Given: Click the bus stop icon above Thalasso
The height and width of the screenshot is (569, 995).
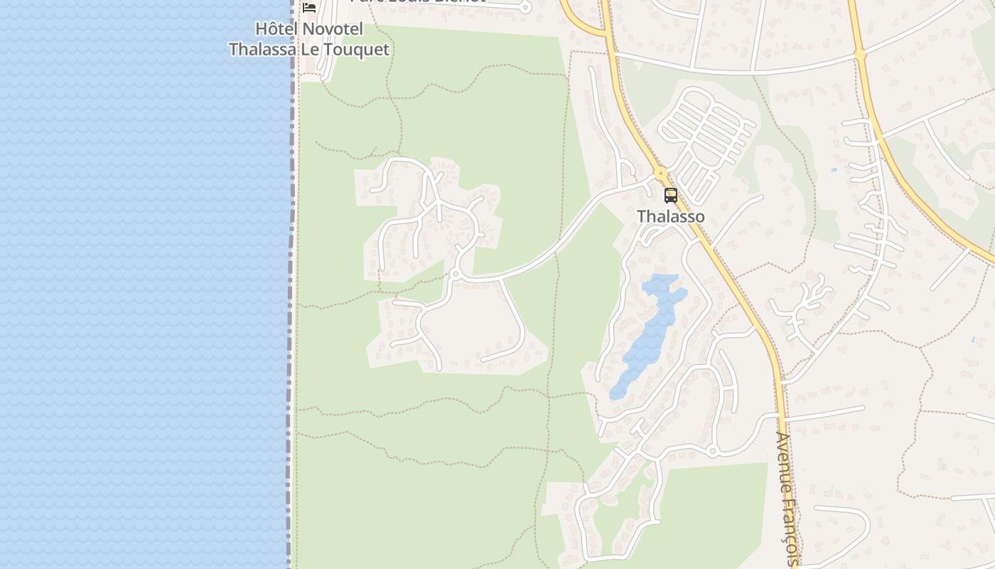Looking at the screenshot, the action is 670,195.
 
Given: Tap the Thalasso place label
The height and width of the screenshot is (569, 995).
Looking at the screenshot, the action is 670,216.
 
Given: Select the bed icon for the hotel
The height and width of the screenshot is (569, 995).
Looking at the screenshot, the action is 308,7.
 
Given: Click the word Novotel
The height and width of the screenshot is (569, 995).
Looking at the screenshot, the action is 332,29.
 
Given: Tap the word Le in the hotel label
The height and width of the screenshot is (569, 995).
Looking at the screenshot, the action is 309,49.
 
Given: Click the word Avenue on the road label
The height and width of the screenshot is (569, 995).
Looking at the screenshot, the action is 785,463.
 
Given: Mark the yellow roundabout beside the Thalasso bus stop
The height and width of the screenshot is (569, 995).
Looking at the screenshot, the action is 661,173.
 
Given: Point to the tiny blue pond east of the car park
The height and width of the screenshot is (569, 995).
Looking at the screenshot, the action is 833,170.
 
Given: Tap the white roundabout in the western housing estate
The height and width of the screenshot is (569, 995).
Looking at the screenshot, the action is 455,274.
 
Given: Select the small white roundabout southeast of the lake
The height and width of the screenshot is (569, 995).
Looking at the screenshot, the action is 712,451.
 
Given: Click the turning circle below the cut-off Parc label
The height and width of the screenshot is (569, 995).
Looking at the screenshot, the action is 525,8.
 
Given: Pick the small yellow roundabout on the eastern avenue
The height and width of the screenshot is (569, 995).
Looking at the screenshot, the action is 860,54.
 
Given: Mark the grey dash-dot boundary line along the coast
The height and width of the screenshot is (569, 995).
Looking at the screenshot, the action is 291,284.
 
